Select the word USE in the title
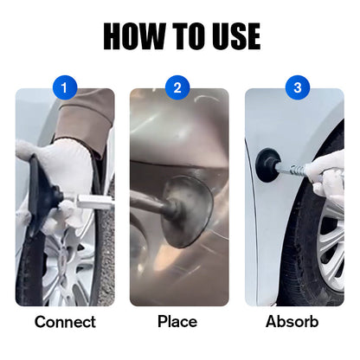pos(231,35)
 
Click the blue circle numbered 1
pos(65,87)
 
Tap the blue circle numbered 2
pos(179,87)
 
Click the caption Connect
pos(65,322)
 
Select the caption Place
pos(177,322)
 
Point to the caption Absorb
pos(293,322)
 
